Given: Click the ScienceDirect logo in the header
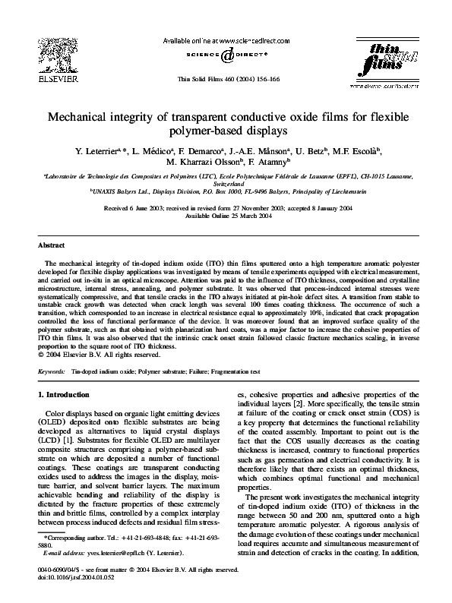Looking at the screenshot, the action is [x=225, y=55].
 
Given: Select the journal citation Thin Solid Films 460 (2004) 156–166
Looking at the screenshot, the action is [x=226, y=79].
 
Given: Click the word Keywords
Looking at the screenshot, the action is [x=51, y=371].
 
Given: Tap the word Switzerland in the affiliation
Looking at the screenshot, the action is [x=226, y=185].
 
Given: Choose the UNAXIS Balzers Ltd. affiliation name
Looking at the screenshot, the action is [x=119, y=194].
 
